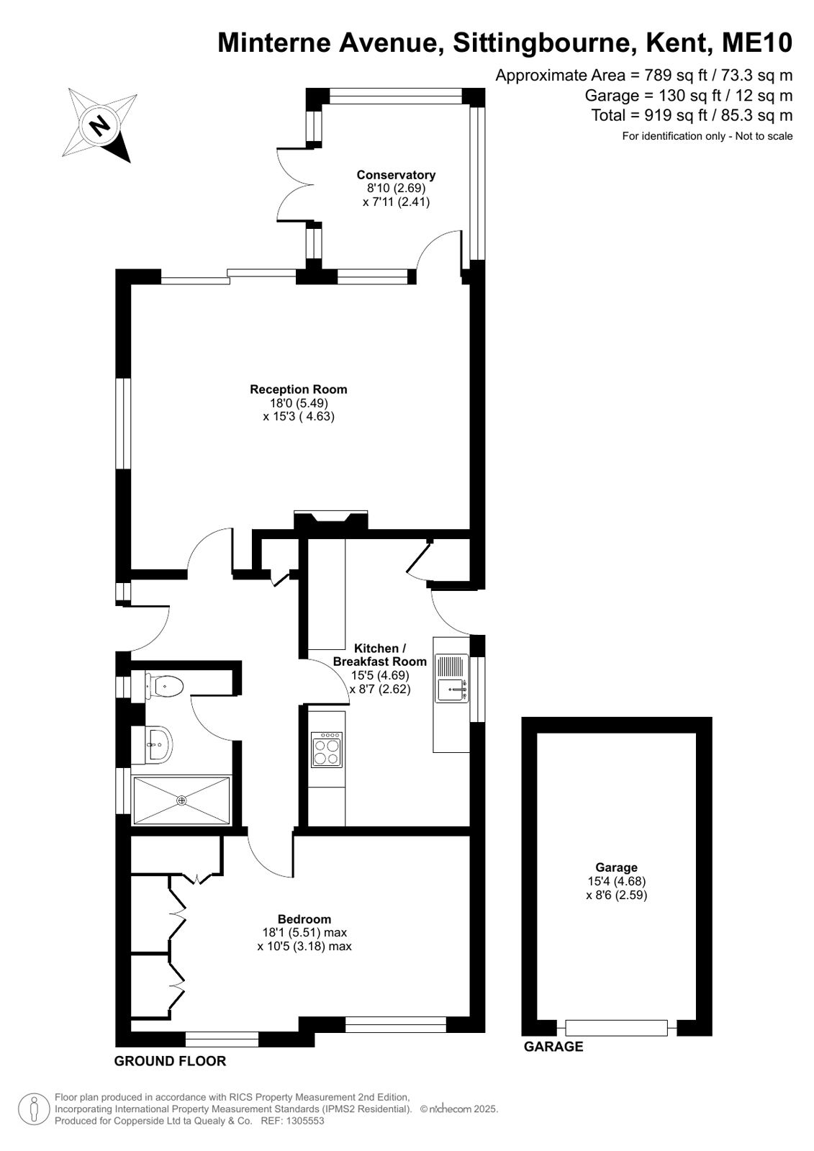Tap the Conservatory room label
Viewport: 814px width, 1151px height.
point(396,175)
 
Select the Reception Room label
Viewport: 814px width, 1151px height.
point(298,389)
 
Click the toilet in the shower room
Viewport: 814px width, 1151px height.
point(164,685)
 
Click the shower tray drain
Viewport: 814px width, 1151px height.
point(181,800)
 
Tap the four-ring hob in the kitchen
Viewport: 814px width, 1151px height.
point(326,749)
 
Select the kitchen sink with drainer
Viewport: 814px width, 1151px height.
point(452,678)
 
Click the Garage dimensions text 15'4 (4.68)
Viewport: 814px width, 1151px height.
point(616,881)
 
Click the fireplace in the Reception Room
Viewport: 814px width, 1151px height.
point(330,520)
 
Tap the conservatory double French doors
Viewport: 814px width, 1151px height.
point(295,185)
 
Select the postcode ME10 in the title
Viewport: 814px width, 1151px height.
point(757,42)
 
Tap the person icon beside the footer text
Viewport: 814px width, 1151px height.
point(34,1109)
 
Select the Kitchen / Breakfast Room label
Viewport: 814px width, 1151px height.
point(380,654)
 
